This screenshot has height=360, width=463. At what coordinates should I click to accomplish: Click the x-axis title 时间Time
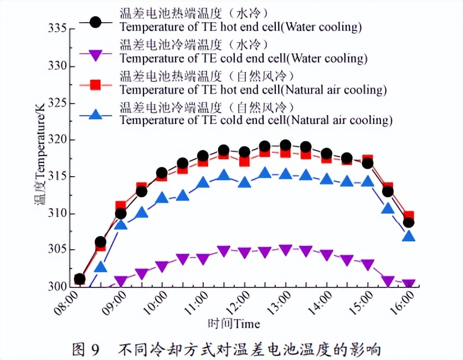234,323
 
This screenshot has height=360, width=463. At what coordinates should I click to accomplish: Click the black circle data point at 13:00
285,145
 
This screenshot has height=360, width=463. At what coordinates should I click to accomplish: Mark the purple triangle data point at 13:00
285,250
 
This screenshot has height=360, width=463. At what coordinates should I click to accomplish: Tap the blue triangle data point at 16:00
409,236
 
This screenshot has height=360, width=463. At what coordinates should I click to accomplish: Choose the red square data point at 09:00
121,206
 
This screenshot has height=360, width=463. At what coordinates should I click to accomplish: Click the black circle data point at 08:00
79,279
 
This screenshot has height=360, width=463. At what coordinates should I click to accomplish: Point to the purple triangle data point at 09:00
121,281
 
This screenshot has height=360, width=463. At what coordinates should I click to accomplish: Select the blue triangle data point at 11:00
203,182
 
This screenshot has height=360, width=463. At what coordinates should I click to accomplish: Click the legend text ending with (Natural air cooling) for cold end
256,120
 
